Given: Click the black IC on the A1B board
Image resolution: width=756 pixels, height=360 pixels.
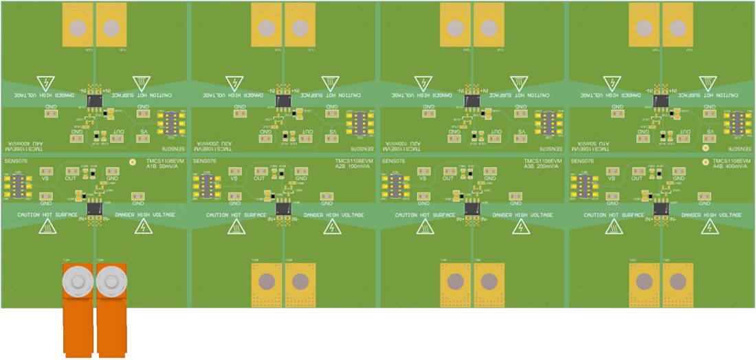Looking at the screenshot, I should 93,207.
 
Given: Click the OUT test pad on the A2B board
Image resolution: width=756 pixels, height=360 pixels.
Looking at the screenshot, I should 260,171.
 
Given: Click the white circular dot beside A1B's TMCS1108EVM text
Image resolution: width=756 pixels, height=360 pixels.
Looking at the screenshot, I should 133,163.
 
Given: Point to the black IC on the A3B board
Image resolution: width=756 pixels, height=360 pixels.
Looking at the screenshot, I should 471,207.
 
